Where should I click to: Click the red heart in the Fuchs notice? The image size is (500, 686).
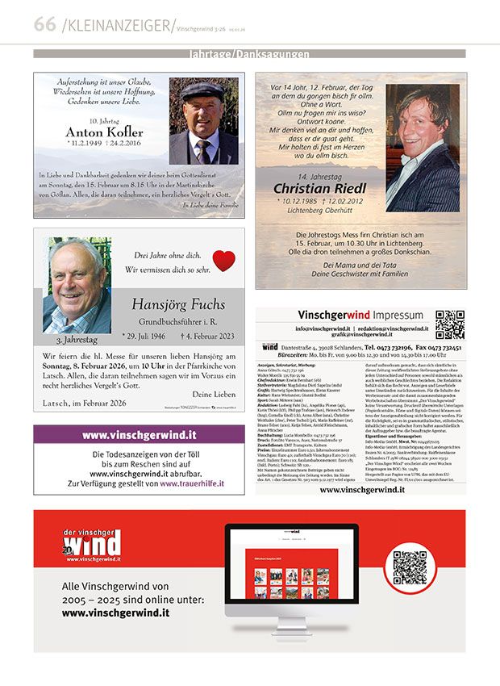(223, 261)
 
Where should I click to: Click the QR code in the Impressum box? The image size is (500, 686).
(449, 324)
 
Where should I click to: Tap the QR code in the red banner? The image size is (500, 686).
(410, 567)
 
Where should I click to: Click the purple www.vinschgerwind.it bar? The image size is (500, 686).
(139, 436)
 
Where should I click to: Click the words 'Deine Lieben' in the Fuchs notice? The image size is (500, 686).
(214, 394)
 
